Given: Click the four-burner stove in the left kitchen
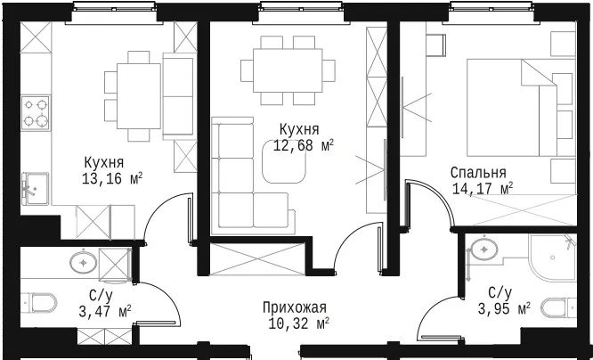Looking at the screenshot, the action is pos(36,113).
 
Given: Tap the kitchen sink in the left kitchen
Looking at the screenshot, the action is pos(36,189).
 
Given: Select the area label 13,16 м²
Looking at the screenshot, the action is pos(112,179).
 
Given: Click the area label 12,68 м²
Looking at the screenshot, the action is pos(304,145).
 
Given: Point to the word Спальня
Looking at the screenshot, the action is pos(478,173).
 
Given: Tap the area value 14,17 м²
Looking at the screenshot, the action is pos(483,188).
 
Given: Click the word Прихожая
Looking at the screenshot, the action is pos(295,307).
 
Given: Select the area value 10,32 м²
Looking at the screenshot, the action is pos(299,323).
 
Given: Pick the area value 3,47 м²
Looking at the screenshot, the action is pos(105,312).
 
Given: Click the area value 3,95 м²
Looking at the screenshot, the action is pos(504,309).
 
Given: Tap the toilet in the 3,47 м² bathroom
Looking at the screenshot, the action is pos(38,303).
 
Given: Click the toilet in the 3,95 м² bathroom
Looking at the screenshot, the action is pos(559,308).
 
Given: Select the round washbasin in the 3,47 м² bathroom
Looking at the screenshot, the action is pos(83,262).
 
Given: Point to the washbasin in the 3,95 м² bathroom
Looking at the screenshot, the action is pos(484,250).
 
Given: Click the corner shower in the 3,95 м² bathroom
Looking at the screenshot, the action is pos(553,258).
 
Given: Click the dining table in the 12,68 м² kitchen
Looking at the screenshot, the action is pos(288,70).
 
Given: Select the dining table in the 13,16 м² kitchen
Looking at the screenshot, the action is pos(139,96).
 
